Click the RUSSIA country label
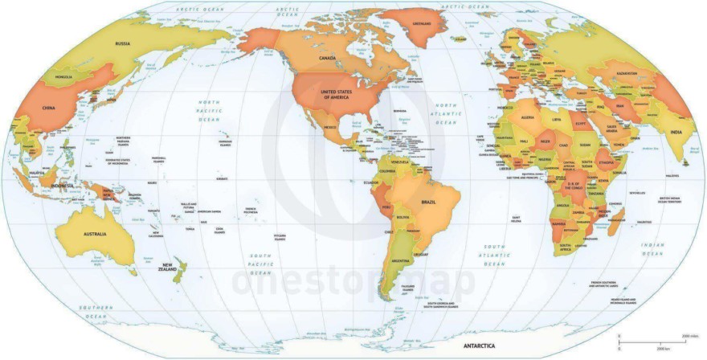pyautogui.click(x=122, y=43)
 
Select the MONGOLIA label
pyautogui.click(x=63, y=77)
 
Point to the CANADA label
pyautogui.click(x=327, y=59)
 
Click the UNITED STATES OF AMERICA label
pyautogui.click(x=337, y=94)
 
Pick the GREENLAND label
pyautogui.click(x=422, y=23)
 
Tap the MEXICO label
pyautogui.click(x=329, y=127)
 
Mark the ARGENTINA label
pyautogui.click(x=399, y=262)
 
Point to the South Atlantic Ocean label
pyautogui.click(x=494, y=255)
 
